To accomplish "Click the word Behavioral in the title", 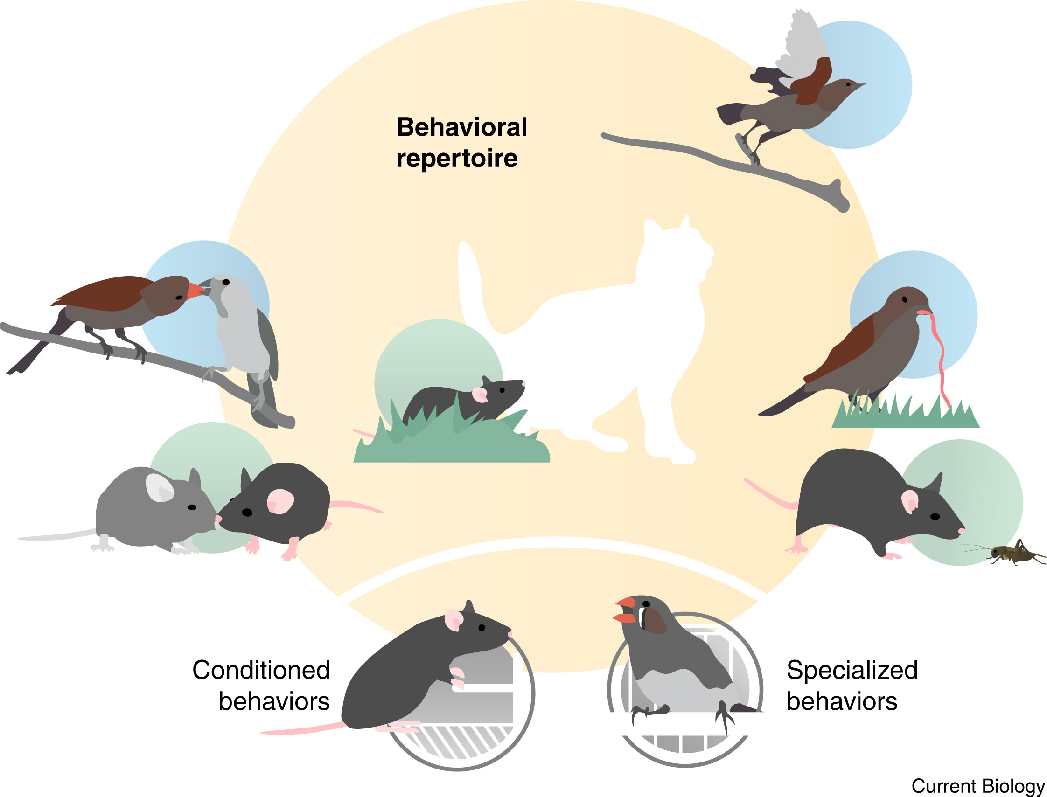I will click(461, 127).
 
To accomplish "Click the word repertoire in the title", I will click(457, 159).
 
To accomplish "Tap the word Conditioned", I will click(260, 670).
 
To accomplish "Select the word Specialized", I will click(852, 670).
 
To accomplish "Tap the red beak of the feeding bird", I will click(195, 291).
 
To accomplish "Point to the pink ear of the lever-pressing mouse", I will click(453, 619).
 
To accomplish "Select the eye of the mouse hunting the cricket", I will click(935, 516).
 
